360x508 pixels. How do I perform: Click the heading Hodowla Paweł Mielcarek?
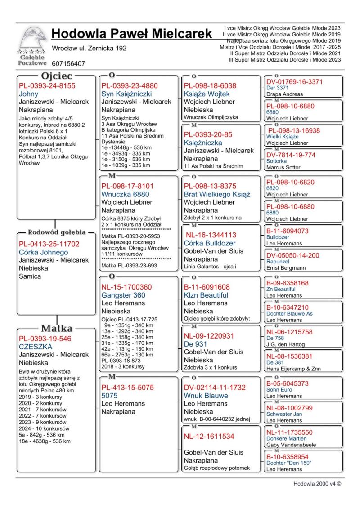(131, 33)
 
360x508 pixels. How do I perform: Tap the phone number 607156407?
(68, 64)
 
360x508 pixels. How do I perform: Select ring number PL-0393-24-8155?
(47, 85)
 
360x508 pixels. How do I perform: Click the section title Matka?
(57, 328)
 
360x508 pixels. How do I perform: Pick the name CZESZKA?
(36, 347)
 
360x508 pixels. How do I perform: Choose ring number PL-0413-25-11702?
(49, 244)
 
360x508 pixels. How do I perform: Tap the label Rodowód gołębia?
(57, 232)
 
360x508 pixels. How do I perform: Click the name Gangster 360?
(123, 295)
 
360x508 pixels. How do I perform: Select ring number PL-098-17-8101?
(127, 186)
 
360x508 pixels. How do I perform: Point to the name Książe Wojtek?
(207, 94)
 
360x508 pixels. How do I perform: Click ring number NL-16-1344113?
(211, 235)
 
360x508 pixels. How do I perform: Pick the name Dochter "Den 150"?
(289, 463)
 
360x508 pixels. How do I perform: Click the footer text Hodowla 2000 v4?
(317, 484)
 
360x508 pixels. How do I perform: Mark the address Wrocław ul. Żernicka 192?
(89, 48)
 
